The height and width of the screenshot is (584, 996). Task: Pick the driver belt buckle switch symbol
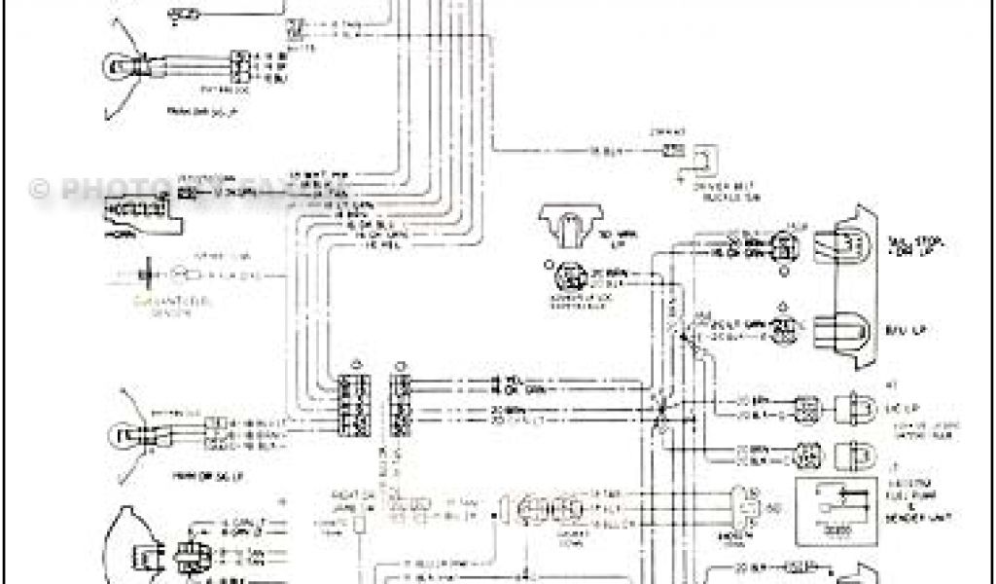tap(702, 160)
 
